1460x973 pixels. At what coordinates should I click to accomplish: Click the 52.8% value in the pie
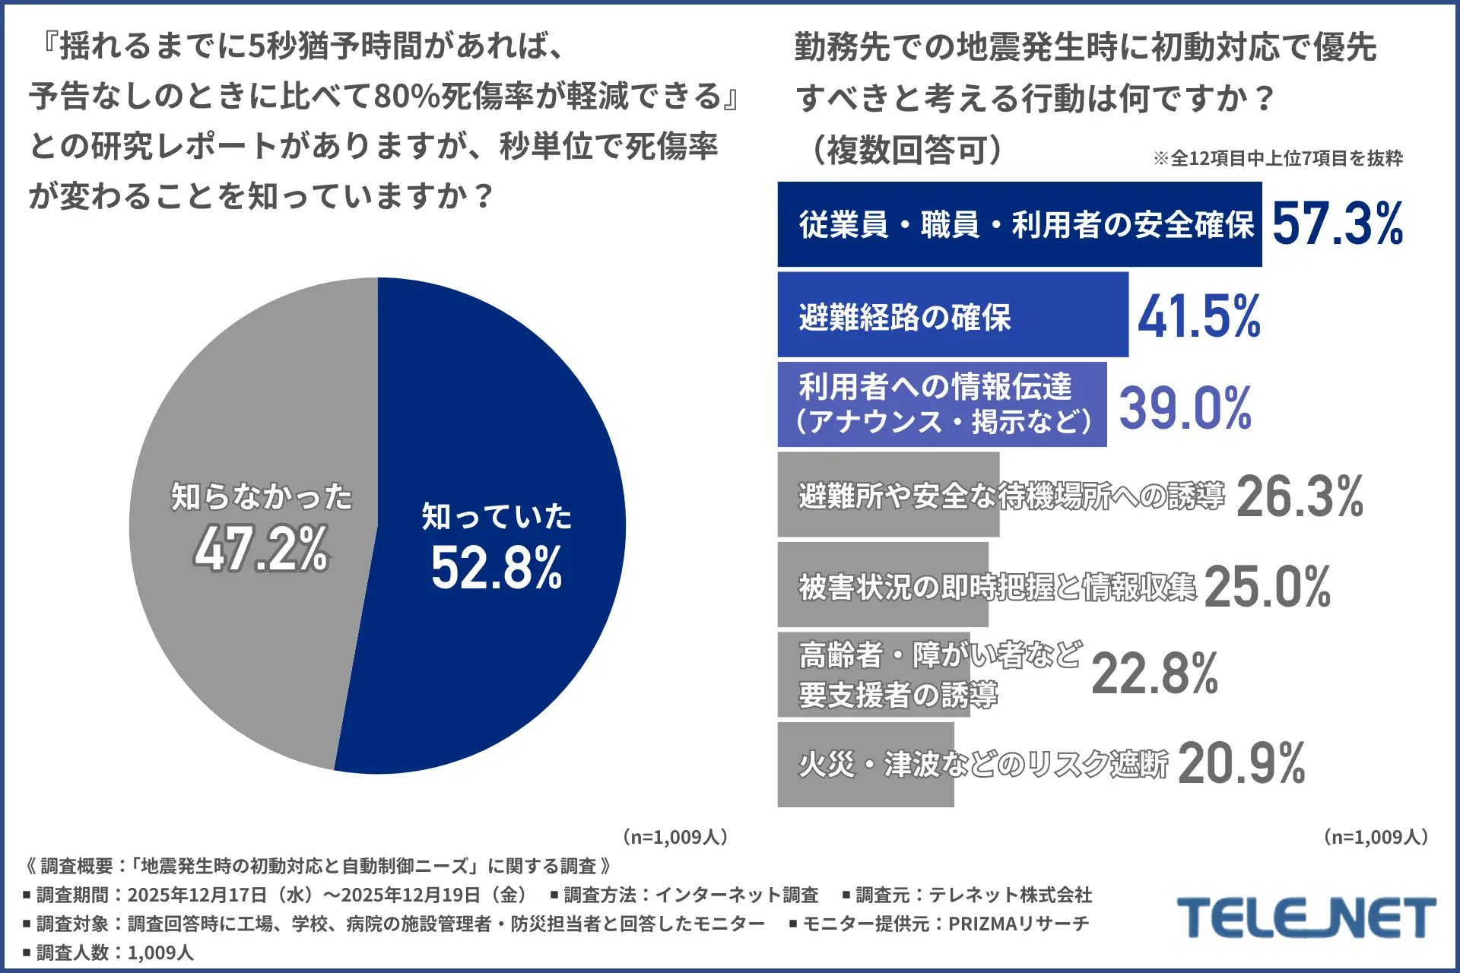497,569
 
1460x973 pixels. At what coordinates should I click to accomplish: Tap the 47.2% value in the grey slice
261,549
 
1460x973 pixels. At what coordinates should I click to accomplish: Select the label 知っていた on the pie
497,517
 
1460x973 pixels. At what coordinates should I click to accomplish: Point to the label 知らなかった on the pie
261,497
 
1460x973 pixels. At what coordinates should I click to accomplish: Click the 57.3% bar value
1337,224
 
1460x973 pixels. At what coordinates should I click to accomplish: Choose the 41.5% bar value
1198,316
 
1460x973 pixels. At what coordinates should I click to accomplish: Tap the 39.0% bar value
1185,408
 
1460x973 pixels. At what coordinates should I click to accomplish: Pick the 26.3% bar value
1299,497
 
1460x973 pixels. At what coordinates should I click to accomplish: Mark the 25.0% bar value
1267,587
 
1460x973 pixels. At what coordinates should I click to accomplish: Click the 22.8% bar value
1154,674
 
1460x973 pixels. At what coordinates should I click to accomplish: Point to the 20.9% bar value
1241,764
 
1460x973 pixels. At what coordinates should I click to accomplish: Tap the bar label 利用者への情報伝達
935,387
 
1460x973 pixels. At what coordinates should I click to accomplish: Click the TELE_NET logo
1306,918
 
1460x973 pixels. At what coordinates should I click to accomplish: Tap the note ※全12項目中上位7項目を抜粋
1277,158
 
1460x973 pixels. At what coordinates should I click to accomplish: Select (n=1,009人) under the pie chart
675,837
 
